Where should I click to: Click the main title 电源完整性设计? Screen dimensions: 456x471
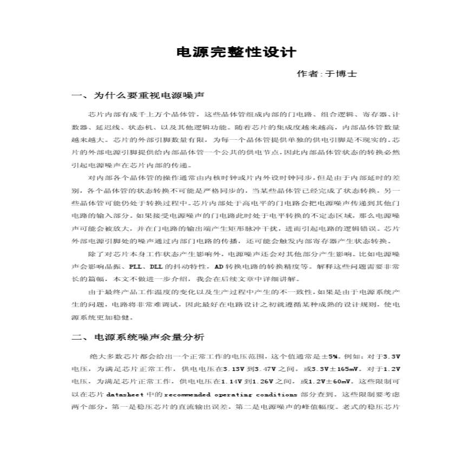click(x=237, y=53)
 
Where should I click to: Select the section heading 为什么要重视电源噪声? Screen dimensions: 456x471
click(x=148, y=96)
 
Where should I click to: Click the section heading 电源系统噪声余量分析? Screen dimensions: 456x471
click(x=149, y=337)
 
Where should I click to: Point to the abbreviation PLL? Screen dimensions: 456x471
click(x=136, y=267)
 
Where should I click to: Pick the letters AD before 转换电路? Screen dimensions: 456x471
click(x=219, y=267)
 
